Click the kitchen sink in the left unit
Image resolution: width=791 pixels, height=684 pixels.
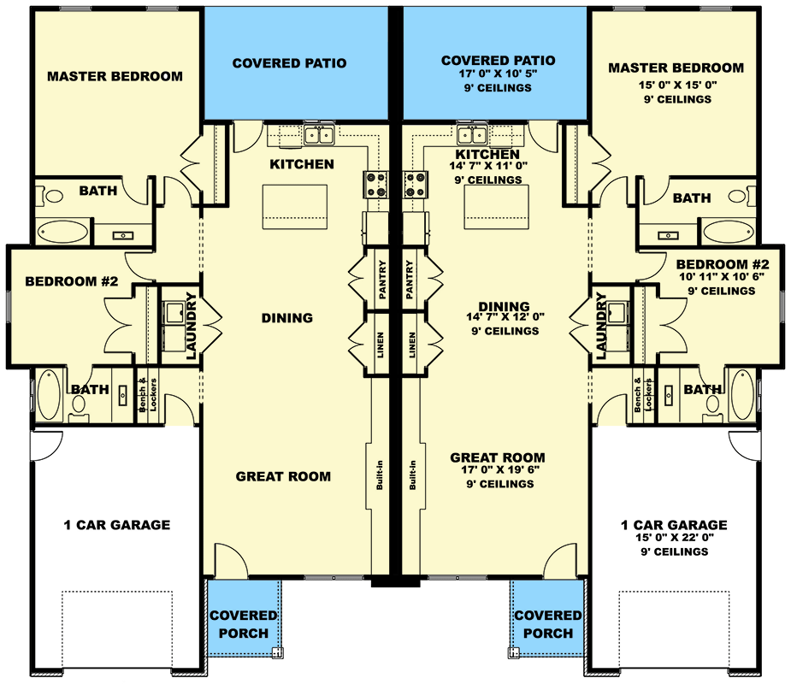click(x=320, y=134)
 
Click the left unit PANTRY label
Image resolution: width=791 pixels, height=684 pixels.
click(x=381, y=280)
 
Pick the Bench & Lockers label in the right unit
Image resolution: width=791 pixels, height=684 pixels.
click(x=643, y=394)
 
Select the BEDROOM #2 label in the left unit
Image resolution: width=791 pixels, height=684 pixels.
click(x=65, y=281)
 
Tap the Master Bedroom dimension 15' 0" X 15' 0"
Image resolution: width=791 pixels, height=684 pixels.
click(x=676, y=85)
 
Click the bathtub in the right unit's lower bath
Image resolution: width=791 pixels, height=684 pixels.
click(x=741, y=394)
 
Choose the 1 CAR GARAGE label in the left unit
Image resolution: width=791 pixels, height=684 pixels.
click(x=118, y=525)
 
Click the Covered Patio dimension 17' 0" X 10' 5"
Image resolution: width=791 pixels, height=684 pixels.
click(x=498, y=74)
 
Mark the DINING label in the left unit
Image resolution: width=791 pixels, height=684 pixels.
click(x=287, y=318)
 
